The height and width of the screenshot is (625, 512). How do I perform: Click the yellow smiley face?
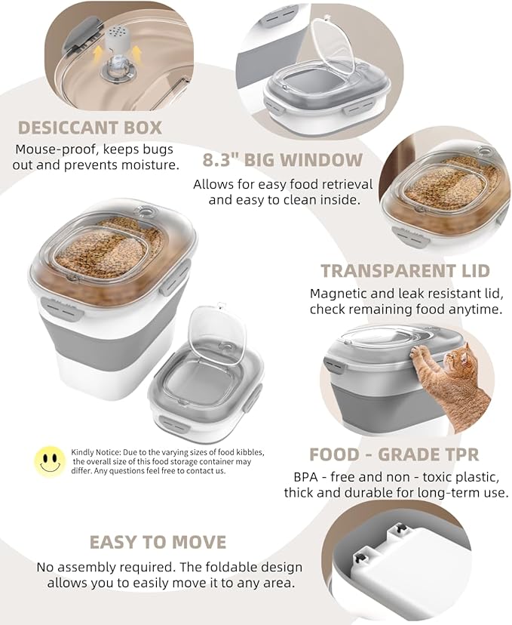pyautogui.click(x=51, y=460)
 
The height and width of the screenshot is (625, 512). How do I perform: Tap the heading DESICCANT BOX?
pyautogui.click(x=90, y=128)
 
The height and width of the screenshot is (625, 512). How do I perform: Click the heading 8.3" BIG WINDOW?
pyautogui.click(x=283, y=160)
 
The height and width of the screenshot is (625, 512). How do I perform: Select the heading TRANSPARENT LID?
pyautogui.click(x=405, y=271)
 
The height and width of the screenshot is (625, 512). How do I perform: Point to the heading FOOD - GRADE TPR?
pyautogui.click(x=394, y=454)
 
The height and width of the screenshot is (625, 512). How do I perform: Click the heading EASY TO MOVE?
pyautogui.click(x=158, y=543)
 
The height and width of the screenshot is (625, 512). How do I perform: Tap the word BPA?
pyautogui.click(x=305, y=477)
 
